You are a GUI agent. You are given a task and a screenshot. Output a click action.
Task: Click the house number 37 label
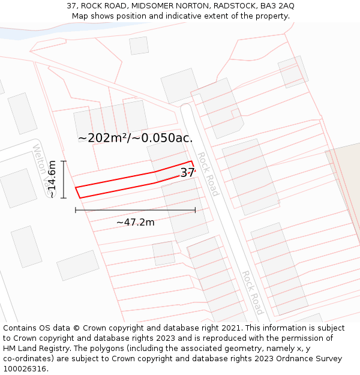click(187, 173)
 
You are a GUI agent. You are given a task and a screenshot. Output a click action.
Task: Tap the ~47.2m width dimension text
click(135, 223)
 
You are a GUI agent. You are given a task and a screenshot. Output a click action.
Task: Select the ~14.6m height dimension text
click(52, 179)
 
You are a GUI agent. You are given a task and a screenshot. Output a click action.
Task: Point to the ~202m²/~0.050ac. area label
click(135, 138)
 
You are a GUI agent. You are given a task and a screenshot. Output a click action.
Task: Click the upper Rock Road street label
click(208, 174)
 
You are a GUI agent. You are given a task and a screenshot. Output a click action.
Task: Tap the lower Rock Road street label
click(251, 292)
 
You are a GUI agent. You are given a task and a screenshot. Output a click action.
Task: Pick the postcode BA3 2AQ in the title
click(277, 6)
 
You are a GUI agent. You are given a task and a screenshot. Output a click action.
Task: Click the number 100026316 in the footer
click(23, 368)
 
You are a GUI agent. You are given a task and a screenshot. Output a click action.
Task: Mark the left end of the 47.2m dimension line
click(76, 210)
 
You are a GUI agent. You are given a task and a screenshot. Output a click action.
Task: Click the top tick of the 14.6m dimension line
click(63, 161)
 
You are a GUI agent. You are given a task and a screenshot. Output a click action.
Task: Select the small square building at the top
click(139, 46)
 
